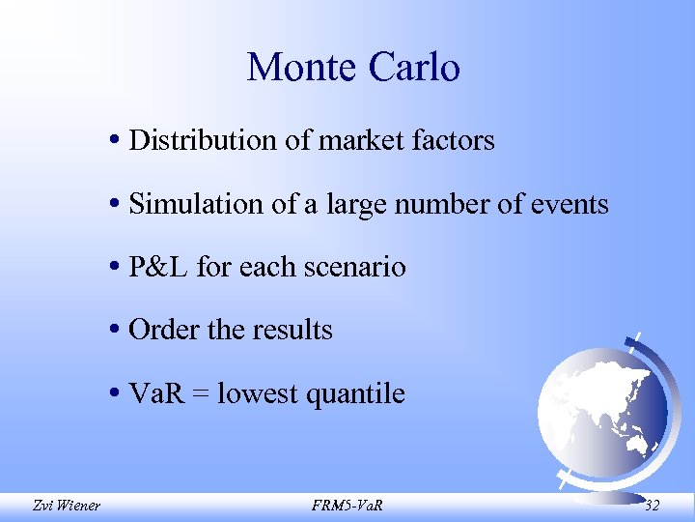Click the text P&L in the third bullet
[x=158, y=267]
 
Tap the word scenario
[x=356, y=267]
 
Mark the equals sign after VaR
[x=201, y=394]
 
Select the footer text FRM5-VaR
[x=347, y=504]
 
